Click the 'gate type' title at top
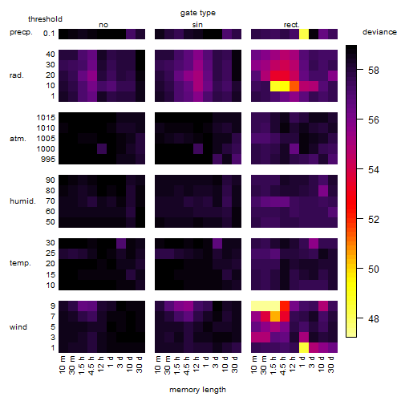198,13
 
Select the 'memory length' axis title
197,390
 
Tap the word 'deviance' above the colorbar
379,32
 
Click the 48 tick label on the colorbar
374,318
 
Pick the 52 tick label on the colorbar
374,219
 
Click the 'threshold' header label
45,19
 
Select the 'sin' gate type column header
197,25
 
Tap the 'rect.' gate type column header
291,25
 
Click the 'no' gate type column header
103,25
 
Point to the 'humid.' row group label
22,201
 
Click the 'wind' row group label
18,327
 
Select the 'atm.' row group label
18,139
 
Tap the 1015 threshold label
46,118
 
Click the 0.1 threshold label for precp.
49,34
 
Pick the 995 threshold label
48,160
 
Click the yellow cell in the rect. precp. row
304,34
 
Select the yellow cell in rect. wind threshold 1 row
304,347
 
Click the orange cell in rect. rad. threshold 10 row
294,86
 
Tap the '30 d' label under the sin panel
234,364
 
